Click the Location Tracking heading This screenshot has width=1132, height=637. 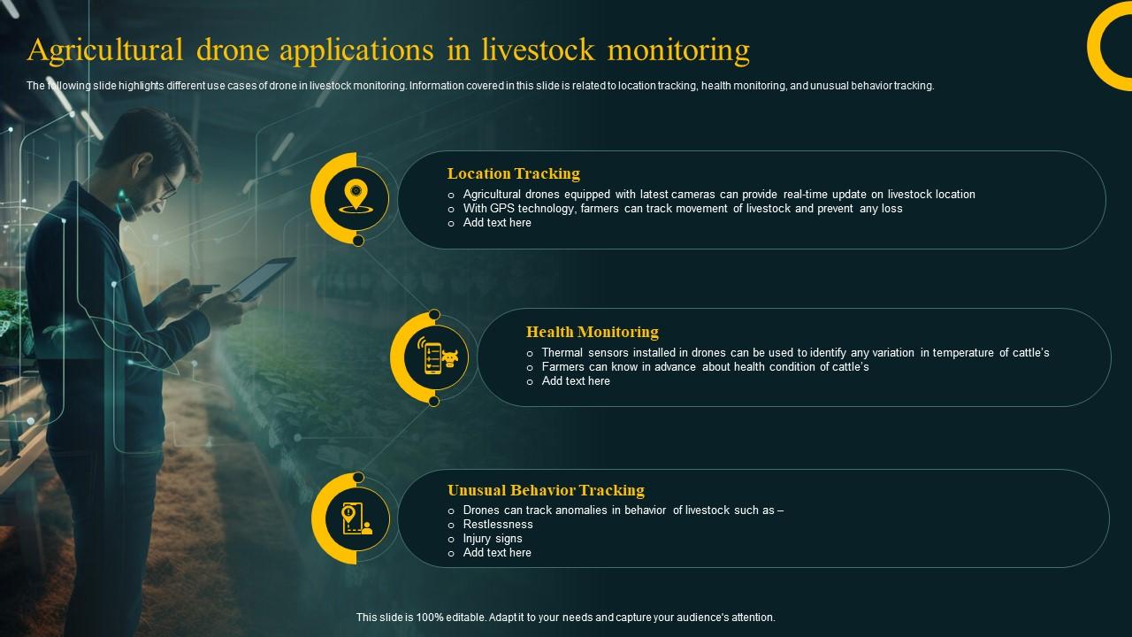click(513, 173)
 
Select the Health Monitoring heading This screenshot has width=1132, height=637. click(592, 332)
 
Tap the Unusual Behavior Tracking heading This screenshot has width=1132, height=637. click(546, 490)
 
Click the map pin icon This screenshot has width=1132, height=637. click(356, 195)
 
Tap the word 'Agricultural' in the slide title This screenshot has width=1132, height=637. click(104, 50)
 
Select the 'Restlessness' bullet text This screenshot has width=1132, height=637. click(498, 524)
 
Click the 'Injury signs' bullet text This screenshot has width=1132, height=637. click(493, 538)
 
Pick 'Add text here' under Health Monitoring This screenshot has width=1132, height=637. click(576, 381)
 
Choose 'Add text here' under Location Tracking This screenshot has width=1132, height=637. click(497, 223)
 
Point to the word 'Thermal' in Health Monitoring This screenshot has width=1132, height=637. click(561, 352)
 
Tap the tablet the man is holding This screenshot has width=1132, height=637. click(261, 279)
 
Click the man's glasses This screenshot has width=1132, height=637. click(168, 184)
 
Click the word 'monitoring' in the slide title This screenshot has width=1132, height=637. click(678, 50)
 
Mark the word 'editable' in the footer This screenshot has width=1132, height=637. click(463, 618)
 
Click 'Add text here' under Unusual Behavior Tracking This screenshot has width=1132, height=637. click(497, 552)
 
